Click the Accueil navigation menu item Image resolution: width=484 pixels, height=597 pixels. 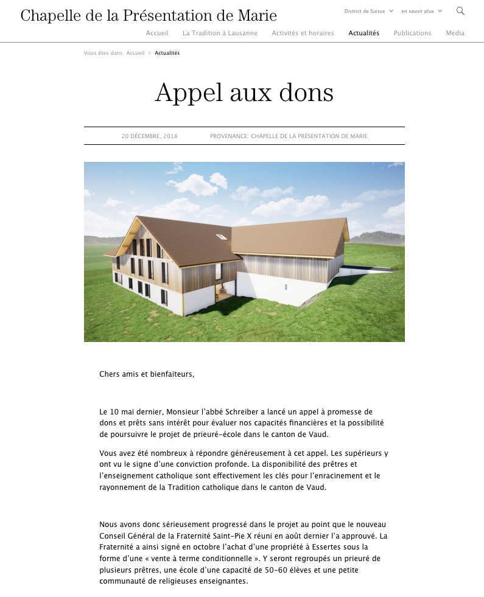click(157, 33)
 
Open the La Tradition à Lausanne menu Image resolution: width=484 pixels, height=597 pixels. click(220, 33)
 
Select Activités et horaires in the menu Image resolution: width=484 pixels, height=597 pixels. click(303, 33)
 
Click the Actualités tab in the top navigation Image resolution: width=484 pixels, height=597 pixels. click(363, 33)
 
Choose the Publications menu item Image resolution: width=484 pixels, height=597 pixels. click(412, 33)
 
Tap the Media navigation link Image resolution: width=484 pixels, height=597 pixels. click(455, 33)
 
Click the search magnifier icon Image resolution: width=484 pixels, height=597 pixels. click(460, 11)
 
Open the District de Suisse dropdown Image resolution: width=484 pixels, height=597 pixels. click(368, 11)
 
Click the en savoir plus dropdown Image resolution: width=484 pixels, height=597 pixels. click(421, 11)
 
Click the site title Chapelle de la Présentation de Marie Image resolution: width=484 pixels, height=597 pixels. click(149, 16)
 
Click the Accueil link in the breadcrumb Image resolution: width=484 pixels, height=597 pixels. click(135, 53)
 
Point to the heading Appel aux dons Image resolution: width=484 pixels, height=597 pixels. click(244, 93)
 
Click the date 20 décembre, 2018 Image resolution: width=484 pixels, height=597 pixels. click(149, 136)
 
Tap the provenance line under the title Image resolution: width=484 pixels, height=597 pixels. click(288, 136)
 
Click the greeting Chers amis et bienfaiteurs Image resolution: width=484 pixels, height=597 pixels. click(147, 374)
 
